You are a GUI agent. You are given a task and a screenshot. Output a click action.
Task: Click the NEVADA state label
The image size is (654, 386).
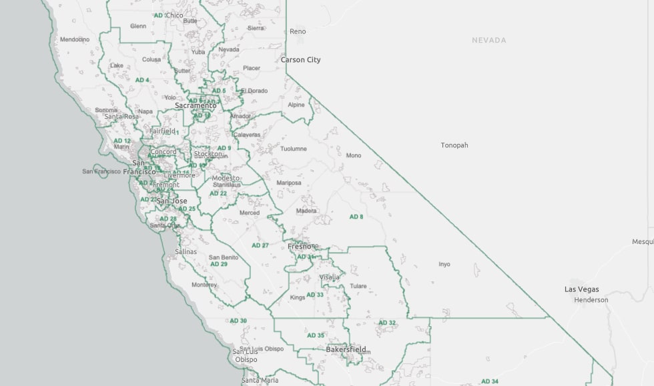(x=488, y=40)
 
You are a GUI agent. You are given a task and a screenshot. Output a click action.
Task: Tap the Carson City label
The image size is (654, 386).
(x=300, y=60)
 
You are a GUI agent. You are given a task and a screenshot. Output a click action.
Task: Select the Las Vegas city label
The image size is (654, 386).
(x=581, y=289)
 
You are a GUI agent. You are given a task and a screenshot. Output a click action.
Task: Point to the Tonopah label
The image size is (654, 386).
(x=454, y=145)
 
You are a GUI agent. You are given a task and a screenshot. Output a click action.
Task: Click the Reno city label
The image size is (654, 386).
(x=298, y=31)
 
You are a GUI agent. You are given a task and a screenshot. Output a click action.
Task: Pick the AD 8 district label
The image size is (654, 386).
(x=356, y=217)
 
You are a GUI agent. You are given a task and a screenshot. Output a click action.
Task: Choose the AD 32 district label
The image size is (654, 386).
(x=387, y=323)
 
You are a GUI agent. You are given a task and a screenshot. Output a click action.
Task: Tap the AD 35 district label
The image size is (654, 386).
(x=316, y=335)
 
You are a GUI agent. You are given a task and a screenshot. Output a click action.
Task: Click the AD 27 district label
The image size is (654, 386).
(x=260, y=245)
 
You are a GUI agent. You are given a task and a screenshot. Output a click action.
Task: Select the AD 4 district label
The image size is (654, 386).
(x=142, y=80)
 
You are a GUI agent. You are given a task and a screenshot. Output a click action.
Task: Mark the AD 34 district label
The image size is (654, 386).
(x=490, y=381)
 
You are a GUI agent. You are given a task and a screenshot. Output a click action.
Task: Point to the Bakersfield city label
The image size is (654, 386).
(x=346, y=349)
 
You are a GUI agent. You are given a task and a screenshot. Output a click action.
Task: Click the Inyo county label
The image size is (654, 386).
(x=444, y=264)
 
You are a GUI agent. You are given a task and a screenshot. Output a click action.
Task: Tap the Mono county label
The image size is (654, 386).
(x=354, y=155)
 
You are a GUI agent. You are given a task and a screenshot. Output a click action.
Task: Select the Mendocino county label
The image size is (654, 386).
(x=75, y=39)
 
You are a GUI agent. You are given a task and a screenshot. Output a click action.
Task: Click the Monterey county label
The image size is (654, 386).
(x=204, y=285)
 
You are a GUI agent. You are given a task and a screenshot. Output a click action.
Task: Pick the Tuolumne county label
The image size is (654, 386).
(x=294, y=149)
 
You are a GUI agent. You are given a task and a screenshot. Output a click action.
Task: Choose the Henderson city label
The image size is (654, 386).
(x=591, y=300)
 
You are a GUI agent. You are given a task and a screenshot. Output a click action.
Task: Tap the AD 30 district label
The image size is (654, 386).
(x=238, y=321)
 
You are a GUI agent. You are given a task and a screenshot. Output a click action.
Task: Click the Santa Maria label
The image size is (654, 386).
(x=260, y=380)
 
